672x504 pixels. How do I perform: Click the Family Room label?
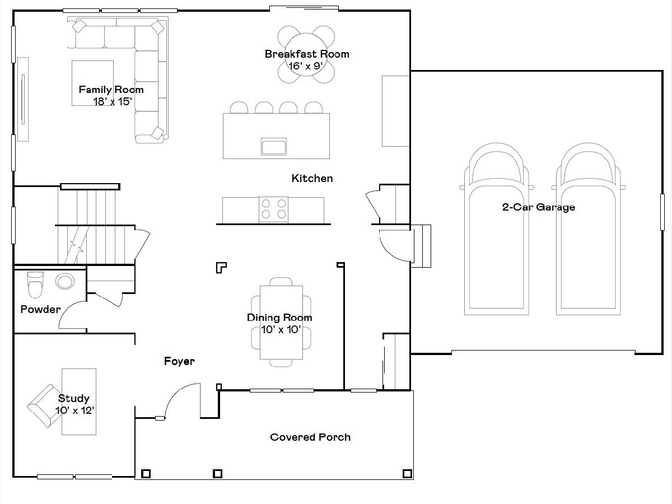pyautogui.click(x=111, y=90)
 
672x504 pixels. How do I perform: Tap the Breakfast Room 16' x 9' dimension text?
pyautogui.click(x=306, y=66)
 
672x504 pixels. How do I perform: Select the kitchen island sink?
pyautogui.click(x=274, y=146)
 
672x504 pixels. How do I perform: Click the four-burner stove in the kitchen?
pyautogui.click(x=273, y=209)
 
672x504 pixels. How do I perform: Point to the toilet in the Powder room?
pyautogui.click(x=35, y=284)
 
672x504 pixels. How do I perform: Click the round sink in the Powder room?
pyautogui.click(x=65, y=281)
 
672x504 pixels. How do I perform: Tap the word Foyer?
pyautogui.click(x=179, y=361)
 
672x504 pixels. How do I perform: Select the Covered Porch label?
pyautogui.click(x=310, y=437)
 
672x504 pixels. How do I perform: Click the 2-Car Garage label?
pyautogui.click(x=539, y=207)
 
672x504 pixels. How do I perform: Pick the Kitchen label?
pyautogui.click(x=312, y=179)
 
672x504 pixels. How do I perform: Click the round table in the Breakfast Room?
pyautogui.click(x=306, y=54)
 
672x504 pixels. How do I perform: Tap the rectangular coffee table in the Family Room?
pyautogui.click(x=92, y=83)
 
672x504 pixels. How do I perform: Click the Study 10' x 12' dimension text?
pyautogui.click(x=74, y=410)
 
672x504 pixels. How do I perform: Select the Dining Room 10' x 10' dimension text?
pyautogui.click(x=281, y=329)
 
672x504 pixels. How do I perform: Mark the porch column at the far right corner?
pyautogui.click(x=407, y=474)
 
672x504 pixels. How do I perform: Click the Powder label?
pyautogui.click(x=40, y=309)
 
